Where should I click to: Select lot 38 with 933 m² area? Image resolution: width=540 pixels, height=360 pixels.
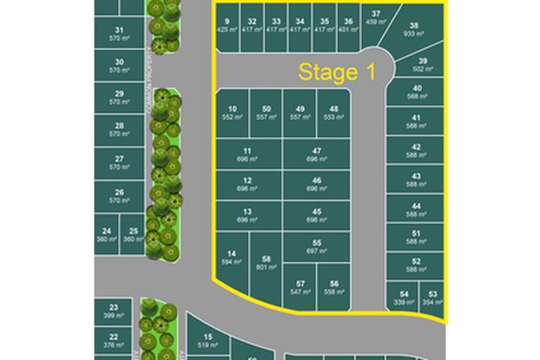click(415, 30)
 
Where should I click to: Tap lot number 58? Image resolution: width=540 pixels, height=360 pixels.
click(266, 263)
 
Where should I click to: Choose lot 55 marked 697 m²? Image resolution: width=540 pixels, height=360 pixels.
click(317, 246)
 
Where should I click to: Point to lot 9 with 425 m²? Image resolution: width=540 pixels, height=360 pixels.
click(227, 25)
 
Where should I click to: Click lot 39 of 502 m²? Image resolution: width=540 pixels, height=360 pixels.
click(423, 65)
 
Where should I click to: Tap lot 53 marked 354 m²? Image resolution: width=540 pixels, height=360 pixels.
click(434, 298)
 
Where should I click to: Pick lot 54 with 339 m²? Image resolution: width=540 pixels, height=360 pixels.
click(404, 298)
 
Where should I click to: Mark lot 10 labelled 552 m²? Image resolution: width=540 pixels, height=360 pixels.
click(232, 113)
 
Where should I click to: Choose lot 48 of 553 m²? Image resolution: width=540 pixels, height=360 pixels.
click(334, 113)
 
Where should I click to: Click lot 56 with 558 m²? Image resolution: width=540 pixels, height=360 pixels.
click(334, 287)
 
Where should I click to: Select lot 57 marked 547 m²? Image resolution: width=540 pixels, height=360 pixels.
click(300, 287)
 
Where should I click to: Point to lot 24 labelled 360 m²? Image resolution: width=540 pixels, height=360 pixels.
click(106, 234)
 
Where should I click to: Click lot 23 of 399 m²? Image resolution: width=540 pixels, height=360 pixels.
click(114, 311)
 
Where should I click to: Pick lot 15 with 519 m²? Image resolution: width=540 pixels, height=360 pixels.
click(209, 340)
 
